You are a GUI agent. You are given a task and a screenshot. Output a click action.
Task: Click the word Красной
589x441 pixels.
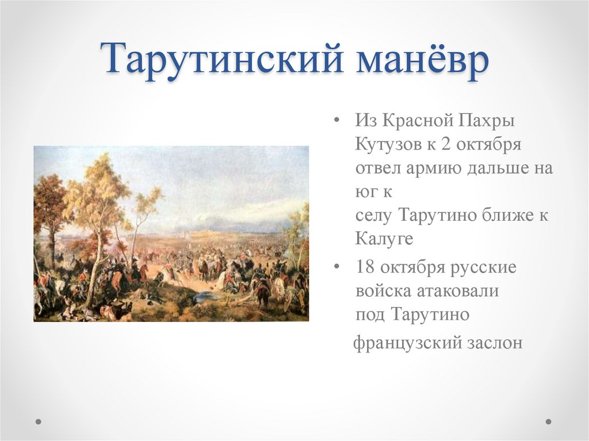pos(414,121)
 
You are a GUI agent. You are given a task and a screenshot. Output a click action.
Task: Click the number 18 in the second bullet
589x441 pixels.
pos(366,267)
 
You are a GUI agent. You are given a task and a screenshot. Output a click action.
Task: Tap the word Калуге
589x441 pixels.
pos(384,239)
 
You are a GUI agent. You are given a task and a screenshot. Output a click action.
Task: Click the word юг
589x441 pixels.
pos(365,191)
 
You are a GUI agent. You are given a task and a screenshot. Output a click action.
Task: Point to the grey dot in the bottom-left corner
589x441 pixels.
pos(39,421)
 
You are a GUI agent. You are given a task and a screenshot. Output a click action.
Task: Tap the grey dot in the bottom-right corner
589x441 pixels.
pos(548,421)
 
